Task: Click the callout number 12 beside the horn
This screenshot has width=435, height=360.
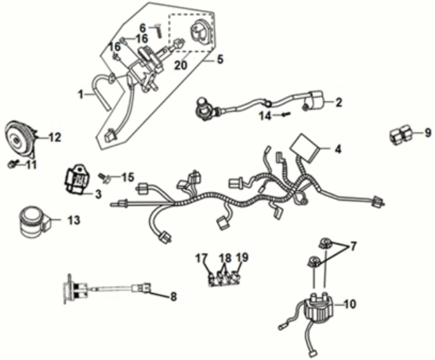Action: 54,138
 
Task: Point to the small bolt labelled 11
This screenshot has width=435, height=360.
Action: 12,164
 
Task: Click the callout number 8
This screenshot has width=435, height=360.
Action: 173,296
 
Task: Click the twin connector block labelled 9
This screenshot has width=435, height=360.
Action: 401,133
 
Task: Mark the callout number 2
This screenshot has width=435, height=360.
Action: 338,103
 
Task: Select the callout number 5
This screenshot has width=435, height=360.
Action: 220,59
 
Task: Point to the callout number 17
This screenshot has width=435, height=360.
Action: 201,259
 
